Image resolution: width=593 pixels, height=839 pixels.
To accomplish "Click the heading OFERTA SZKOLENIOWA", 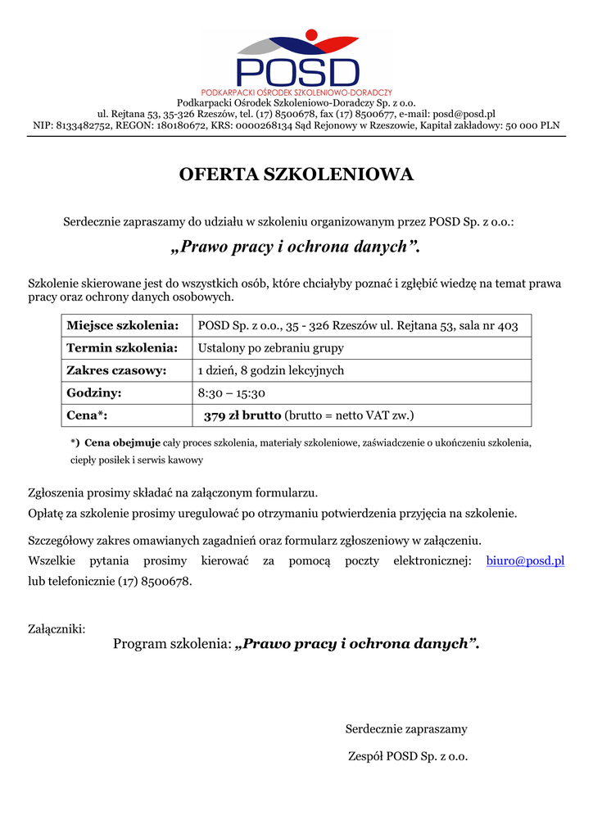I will [296, 175].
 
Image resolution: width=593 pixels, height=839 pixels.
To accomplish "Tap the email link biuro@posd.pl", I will [525, 561].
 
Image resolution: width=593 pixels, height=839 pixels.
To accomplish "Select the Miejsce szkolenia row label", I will [123, 326].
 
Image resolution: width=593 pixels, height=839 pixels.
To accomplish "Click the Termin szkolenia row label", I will [122, 348].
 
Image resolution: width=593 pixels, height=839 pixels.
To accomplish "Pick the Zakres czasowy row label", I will [116, 370].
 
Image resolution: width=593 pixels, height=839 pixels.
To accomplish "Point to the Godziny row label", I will [94, 393].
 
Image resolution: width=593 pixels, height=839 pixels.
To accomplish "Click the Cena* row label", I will [87, 415].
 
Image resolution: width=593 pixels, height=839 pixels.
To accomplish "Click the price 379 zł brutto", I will [242, 415].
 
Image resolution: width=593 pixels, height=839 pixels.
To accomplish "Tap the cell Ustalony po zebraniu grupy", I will [271, 348].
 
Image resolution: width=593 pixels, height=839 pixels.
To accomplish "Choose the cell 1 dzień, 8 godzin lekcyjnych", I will [271, 370].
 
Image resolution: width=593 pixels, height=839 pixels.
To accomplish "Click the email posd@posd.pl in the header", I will [464, 114].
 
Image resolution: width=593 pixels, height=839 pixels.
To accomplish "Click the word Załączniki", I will [57, 629].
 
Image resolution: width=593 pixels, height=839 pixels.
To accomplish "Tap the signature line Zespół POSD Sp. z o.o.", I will [408, 756].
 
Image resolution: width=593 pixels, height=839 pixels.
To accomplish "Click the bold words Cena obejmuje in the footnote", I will [123, 442].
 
